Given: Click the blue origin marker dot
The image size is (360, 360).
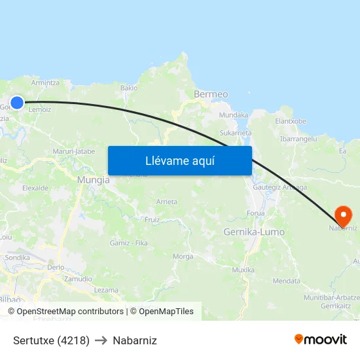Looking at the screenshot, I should click(17, 103).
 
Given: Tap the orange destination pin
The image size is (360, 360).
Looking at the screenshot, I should click(343, 215).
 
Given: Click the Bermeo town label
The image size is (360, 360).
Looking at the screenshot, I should click(211, 94).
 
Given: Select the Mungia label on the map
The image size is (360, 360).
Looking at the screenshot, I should click(94, 179).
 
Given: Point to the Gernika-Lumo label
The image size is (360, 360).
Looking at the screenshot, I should click(254, 232).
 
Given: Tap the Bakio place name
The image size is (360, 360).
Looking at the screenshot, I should click(129, 88).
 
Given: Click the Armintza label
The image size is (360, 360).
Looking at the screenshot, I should click(45, 83).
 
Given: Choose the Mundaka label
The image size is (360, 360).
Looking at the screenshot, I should click(234, 115).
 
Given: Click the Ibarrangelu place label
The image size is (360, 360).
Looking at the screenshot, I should click(298, 139).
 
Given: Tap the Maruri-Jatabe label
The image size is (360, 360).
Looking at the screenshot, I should click(74, 151).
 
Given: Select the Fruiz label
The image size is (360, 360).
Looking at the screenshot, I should click(152, 220).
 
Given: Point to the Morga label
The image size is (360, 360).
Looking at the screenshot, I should click(182, 256).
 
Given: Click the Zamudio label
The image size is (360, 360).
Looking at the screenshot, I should click(78, 279).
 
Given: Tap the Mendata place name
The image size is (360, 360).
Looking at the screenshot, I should click(286, 281).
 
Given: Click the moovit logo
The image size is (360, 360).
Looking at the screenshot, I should click(321, 340).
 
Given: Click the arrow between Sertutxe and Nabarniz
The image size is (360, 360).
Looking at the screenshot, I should click(101, 340).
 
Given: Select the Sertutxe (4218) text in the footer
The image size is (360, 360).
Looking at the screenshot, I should click(51, 340).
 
